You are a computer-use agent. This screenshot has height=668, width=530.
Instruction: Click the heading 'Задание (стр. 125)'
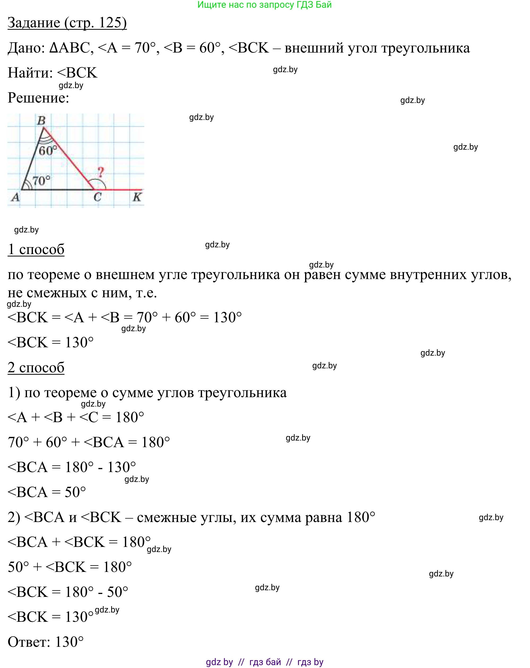(67, 23)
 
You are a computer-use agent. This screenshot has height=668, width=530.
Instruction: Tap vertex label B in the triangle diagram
(41, 120)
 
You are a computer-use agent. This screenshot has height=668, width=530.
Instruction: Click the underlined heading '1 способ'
(36, 249)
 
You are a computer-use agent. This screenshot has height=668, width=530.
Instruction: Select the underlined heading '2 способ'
(36, 368)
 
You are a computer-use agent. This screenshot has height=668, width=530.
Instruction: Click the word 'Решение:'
(38, 98)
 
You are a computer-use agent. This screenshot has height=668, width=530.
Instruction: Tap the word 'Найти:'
(30, 73)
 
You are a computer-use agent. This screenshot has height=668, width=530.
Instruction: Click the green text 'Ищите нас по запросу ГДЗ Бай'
(264, 5)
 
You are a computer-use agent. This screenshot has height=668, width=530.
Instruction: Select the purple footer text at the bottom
(264, 662)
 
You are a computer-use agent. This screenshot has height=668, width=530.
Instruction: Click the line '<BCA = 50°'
(46, 492)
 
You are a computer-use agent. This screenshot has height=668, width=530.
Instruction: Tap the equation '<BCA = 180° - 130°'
(72, 467)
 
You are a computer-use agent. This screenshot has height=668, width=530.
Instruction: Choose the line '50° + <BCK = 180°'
(70, 567)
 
